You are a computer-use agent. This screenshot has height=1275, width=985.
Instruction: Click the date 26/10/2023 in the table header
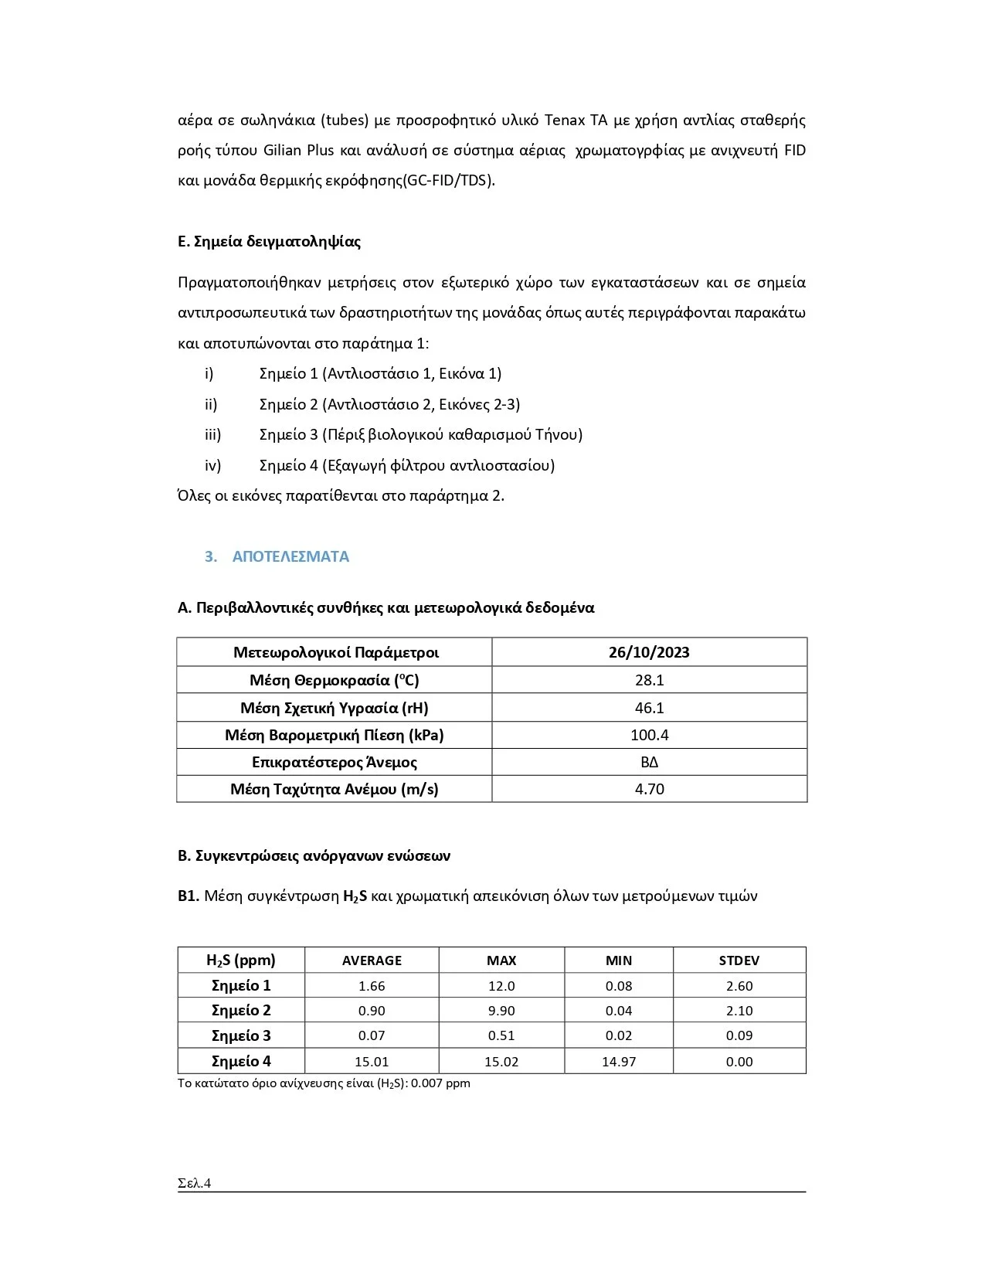pyautogui.click(x=649, y=652)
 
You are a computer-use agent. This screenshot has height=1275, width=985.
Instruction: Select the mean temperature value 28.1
pyautogui.click(x=649, y=680)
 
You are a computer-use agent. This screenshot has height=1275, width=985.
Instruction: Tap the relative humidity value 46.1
pyautogui.click(x=649, y=708)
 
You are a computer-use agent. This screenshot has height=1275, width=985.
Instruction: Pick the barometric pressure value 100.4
pyautogui.click(x=649, y=735)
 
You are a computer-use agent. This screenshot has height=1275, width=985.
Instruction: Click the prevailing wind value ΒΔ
pyautogui.click(x=649, y=762)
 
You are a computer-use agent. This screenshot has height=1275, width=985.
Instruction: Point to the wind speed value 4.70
pyautogui.click(x=649, y=789)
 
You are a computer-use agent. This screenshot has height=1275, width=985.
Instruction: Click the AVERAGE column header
pyautogui.click(x=372, y=960)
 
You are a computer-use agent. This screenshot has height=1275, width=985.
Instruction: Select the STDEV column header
pyautogui.click(x=739, y=960)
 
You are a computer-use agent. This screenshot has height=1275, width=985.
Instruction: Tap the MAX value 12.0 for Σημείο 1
pyautogui.click(x=501, y=986)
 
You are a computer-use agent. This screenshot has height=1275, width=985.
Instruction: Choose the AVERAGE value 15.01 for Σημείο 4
pyautogui.click(x=372, y=1062)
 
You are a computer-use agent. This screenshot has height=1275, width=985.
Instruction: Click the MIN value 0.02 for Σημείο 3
pyautogui.click(x=619, y=1035)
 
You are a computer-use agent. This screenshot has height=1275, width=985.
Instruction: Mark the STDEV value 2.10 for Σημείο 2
pyautogui.click(x=739, y=1011)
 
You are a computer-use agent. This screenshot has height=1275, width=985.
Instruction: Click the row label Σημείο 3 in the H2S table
pyautogui.click(x=241, y=1035)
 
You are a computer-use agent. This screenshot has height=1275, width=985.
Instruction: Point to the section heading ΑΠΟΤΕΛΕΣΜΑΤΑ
pyautogui.click(x=290, y=556)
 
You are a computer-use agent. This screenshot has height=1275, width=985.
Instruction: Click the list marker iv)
pyautogui.click(x=212, y=465)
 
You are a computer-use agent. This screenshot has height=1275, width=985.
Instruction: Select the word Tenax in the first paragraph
pyautogui.click(x=565, y=121)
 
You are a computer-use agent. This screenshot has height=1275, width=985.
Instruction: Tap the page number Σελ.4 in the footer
pyautogui.click(x=194, y=1183)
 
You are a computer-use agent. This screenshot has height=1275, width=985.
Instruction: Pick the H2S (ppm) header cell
pyautogui.click(x=241, y=960)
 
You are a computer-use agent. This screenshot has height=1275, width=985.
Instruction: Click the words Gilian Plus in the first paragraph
pyautogui.click(x=298, y=151)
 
